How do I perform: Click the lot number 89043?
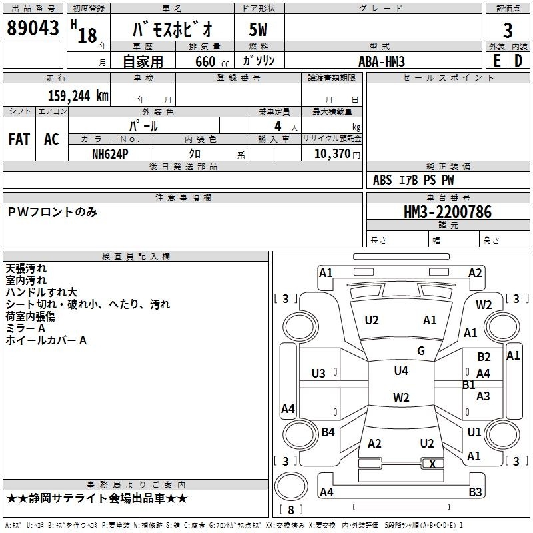(33, 28)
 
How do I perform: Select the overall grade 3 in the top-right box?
(508, 31)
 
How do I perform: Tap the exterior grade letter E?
(496, 61)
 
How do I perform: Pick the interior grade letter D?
(518, 61)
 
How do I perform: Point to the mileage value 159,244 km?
(78, 96)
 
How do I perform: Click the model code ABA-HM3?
(382, 61)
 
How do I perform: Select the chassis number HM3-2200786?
(447, 212)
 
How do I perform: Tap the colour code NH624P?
(110, 154)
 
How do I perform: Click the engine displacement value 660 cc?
(212, 62)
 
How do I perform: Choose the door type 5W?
(258, 29)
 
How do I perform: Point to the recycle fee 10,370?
(332, 154)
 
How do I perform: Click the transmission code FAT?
(19, 139)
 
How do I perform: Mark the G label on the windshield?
(421, 351)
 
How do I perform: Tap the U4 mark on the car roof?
(401, 371)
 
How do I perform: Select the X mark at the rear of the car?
(432, 464)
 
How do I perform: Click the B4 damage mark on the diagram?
(328, 432)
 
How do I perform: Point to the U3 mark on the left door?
(318, 374)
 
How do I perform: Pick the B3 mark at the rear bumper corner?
(475, 492)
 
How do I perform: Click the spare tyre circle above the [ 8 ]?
(291, 486)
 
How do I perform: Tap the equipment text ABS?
(382, 180)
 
